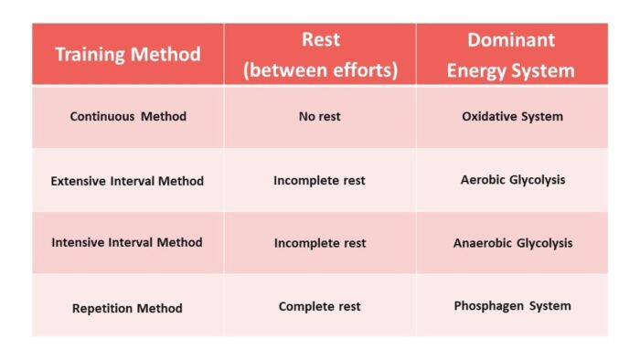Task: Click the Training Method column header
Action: tap(128, 54)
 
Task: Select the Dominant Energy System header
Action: tap(510, 55)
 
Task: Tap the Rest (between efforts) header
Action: tap(320, 55)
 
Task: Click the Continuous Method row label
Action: tap(128, 117)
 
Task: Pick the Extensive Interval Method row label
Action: tap(128, 181)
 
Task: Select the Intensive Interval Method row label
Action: tap(128, 243)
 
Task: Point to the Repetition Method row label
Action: tap(128, 308)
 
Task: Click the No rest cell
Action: tap(320, 117)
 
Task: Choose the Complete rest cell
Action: tap(320, 306)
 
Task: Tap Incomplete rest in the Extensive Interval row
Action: tap(320, 181)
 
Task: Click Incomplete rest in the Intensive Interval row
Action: tap(320, 243)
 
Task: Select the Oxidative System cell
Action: tap(512, 117)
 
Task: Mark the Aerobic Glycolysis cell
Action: tap(512, 180)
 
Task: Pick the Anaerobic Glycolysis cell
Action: tap(512, 243)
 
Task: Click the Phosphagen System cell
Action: tap(512, 306)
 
